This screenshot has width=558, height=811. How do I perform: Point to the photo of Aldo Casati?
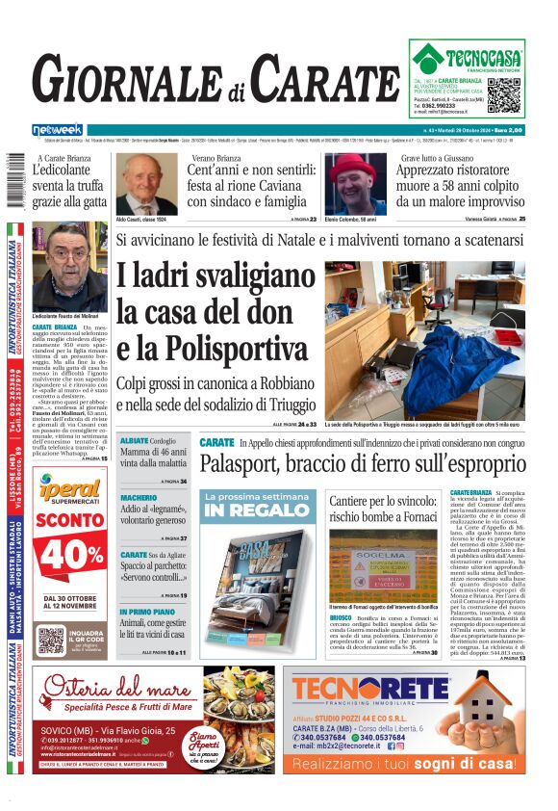pos(146,185)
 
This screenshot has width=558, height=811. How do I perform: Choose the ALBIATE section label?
pos(134,440)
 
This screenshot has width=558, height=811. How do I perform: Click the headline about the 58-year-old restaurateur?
pos(460,186)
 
